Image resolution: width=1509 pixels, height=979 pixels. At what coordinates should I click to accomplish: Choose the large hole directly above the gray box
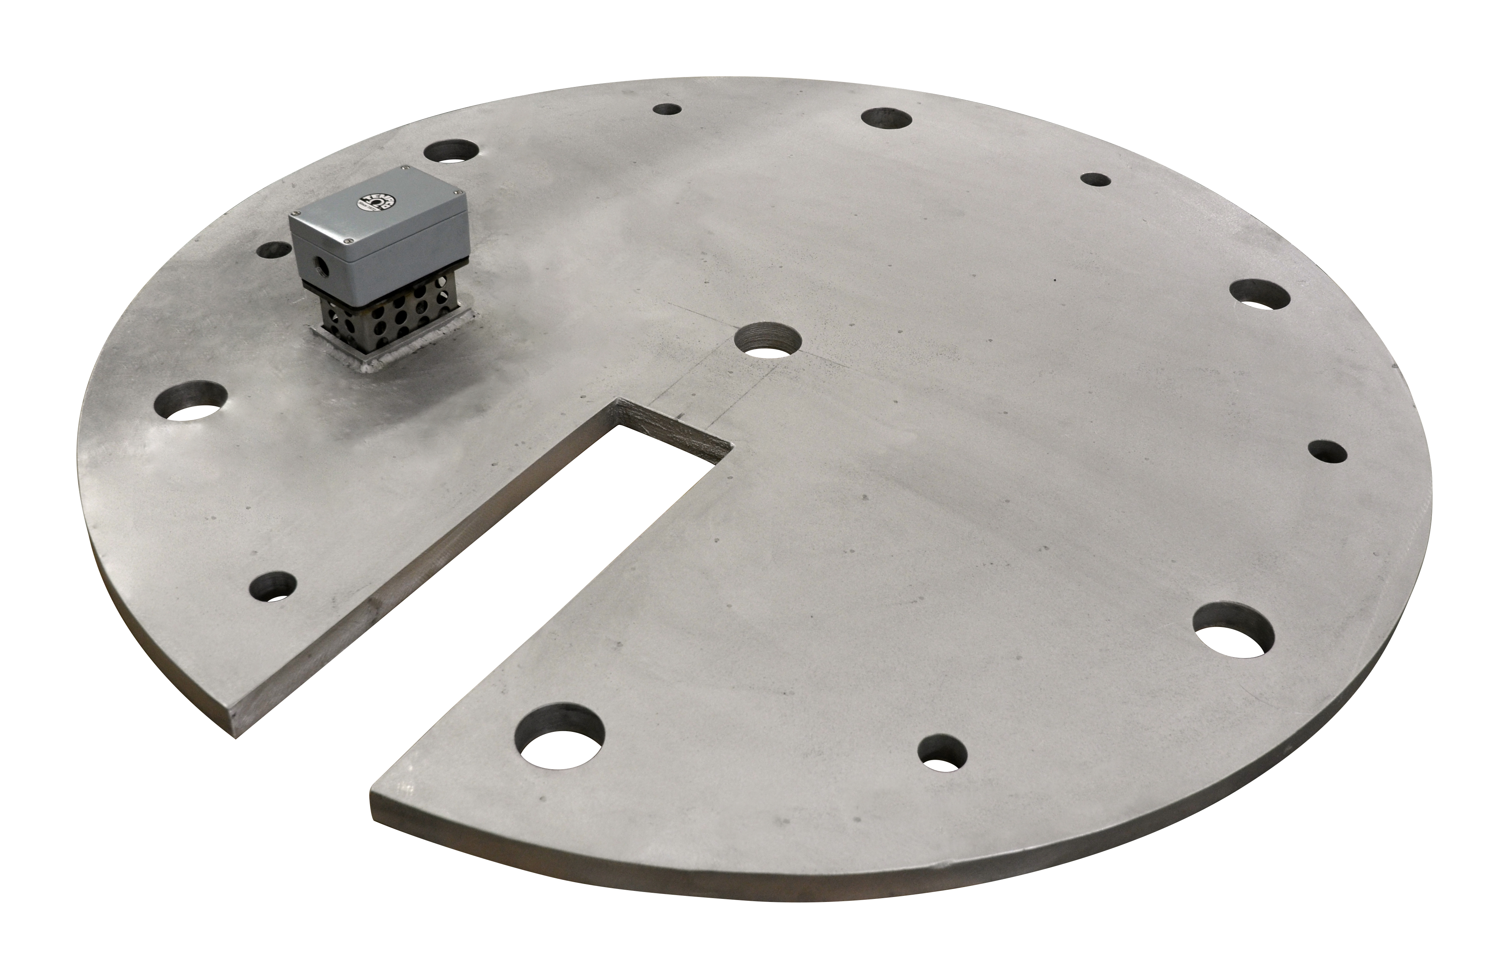(x=451, y=151)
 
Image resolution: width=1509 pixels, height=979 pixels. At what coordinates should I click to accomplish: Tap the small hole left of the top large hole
(x=667, y=109)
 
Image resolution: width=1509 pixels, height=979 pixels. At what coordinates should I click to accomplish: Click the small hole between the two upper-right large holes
(x=1095, y=180)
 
